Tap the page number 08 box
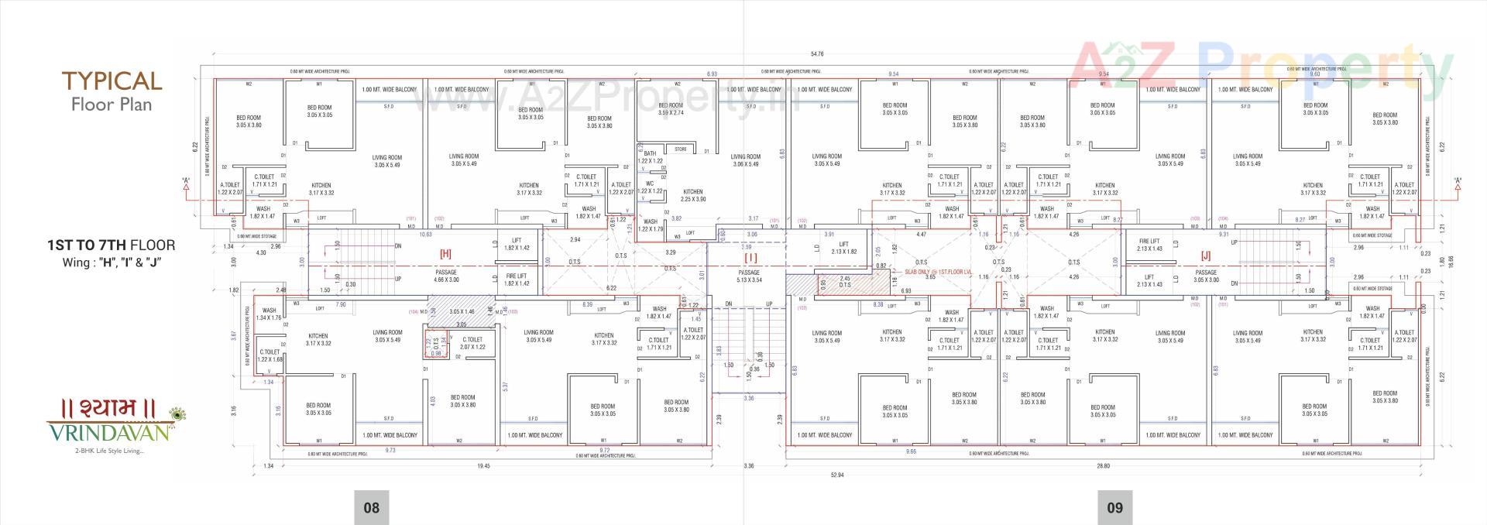(372, 508)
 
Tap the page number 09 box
(1114, 508)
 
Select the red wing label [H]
(445, 253)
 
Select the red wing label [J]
(1206, 255)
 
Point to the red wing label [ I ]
(750, 256)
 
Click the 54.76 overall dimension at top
(816, 54)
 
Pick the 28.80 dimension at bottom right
(1103, 466)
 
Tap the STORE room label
(680, 149)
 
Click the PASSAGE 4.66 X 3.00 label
(446, 276)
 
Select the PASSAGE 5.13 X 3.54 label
(749, 276)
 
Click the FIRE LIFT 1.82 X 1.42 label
(517, 280)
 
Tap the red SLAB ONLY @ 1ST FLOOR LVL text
(938, 273)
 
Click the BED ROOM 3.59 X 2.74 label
(671, 109)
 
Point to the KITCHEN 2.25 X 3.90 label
(693, 195)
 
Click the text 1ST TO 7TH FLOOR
(111, 245)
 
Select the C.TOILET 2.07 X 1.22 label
(472, 343)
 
